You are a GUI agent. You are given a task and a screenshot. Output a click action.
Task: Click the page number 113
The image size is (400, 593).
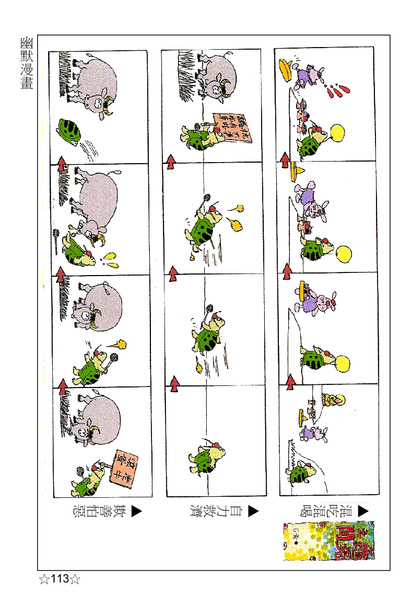click(60, 579)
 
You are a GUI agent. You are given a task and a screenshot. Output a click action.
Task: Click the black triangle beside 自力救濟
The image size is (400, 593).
click(253, 511)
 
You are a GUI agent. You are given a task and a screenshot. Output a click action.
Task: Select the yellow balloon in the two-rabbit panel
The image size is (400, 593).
click(344, 253)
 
